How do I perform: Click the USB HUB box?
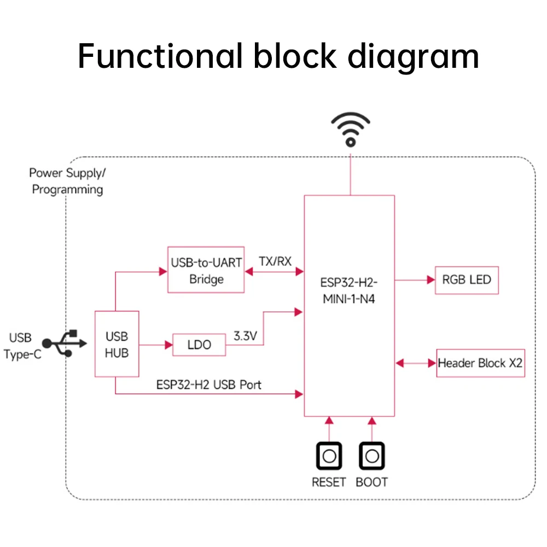117,344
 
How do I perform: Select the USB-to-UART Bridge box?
206,270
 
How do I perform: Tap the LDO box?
199,345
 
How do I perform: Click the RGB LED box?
467,280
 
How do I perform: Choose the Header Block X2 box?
480,363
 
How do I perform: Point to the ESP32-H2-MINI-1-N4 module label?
349,290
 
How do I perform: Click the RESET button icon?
329,456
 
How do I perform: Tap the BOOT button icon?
372,456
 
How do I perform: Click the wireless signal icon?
351,130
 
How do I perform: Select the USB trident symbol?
65,344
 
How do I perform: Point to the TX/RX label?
275,261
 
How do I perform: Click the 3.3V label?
245,336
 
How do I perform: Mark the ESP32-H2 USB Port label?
208,385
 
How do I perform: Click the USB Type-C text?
22,346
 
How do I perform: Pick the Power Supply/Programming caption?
67,181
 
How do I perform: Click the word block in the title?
295,56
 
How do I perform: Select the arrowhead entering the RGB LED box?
431,280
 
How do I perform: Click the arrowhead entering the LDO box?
168,345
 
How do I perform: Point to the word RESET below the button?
329,482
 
